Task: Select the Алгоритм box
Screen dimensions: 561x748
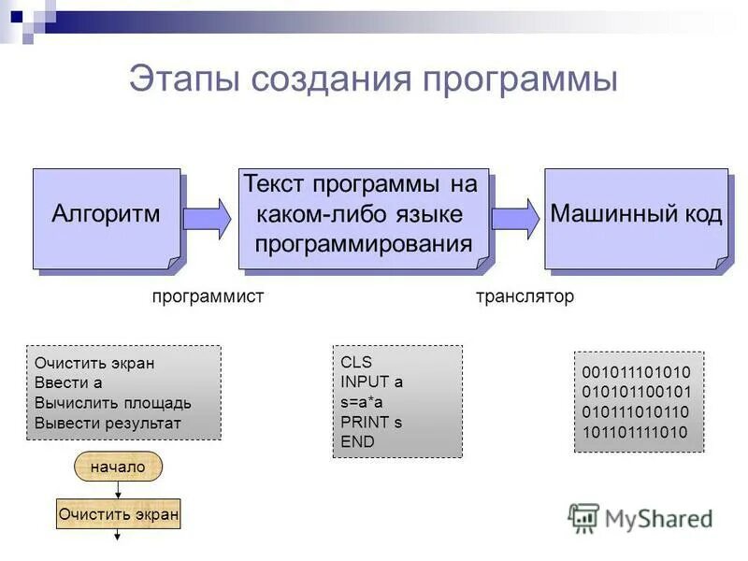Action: pyautogui.click(x=106, y=218)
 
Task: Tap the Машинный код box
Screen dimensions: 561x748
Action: pyautogui.click(x=636, y=217)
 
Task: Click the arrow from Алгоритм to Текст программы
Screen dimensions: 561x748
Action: pyautogui.click(x=207, y=218)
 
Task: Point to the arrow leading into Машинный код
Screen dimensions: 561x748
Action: pyautogui.click(x=515, y=218)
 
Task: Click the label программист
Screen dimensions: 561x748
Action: pyautogui.click(x=209, y=296)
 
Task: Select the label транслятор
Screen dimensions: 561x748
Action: pyautogui.click(x=525, y=296)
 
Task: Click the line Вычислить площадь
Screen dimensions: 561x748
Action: pyautogui.click(x=113, y=403)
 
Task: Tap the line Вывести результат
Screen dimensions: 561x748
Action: pyautogui.click(x=108, y=423)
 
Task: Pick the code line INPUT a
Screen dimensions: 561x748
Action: pyautogui.click(x=372, y=381)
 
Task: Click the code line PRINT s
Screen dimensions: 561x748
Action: pyautogui.click(x=371, y=422)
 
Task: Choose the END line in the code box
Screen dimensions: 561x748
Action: pyautogui.click(x=357, y=441)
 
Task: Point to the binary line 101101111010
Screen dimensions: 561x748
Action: pyautogui.click(x=636, y=432)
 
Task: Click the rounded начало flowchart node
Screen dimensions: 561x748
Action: pyautogui.click(x=118, y=467)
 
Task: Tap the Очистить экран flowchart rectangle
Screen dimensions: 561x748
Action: pyautogui.click(x=118, y=513)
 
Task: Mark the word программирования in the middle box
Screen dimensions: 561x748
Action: pyautogui.click(x=364, y=245)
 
